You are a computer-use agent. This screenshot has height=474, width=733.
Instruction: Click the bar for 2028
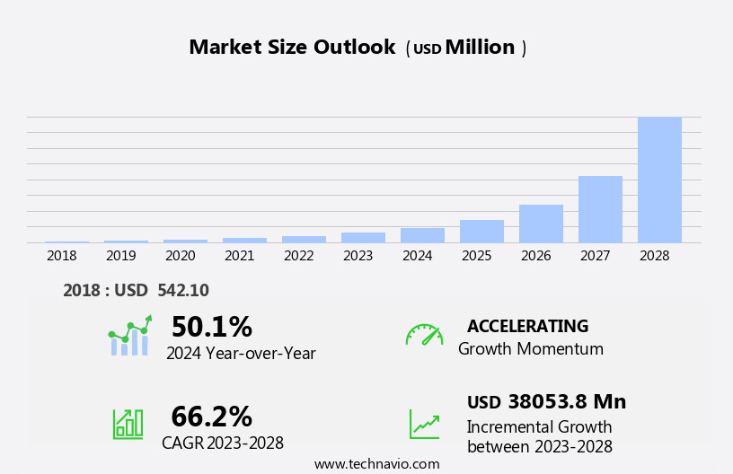[659, 180]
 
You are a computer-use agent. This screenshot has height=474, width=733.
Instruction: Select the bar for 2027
[600, 209]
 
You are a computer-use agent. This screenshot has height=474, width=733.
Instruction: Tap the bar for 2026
[541, 224]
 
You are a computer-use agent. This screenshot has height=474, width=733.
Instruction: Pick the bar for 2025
[481, 232]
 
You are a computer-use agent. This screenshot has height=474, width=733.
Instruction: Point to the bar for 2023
[363, 237]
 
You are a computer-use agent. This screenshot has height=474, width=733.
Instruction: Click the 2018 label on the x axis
[62, 256]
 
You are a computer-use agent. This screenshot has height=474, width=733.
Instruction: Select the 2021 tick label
[240, 256]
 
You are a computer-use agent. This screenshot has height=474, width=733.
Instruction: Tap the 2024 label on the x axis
[418, 256]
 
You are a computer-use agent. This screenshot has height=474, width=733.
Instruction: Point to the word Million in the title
[480, 48]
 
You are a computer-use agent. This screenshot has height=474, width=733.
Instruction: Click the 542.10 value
[183, 291]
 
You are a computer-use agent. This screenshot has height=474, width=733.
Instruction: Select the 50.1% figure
[211, 327]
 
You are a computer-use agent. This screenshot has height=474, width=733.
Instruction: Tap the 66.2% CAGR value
[211, 417]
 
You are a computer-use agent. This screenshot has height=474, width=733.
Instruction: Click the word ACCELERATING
[527, 327]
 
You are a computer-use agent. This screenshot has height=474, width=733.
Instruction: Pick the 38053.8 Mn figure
[567, 402]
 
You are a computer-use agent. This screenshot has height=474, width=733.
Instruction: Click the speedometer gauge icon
[424, 335]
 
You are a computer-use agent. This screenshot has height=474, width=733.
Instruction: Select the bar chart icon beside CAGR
[128, 423]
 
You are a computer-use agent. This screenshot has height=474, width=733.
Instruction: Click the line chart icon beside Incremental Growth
[424, 424]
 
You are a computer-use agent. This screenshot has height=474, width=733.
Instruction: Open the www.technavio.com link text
[376, 464]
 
